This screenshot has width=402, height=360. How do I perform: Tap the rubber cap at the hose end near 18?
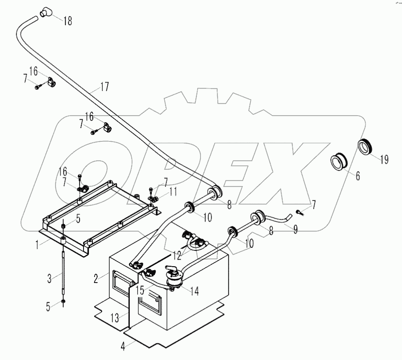coord(45,13)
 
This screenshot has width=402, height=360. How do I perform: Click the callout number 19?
coord(384,159)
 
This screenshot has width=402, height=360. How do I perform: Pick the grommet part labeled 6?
coord(339,162)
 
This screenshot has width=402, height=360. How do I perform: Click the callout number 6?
coord(357,176)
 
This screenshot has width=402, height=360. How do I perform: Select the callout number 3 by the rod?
coord(50,278)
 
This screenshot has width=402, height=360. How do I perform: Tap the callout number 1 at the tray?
coord(40,242)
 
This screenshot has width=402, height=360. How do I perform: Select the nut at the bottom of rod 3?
coord(64,301)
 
